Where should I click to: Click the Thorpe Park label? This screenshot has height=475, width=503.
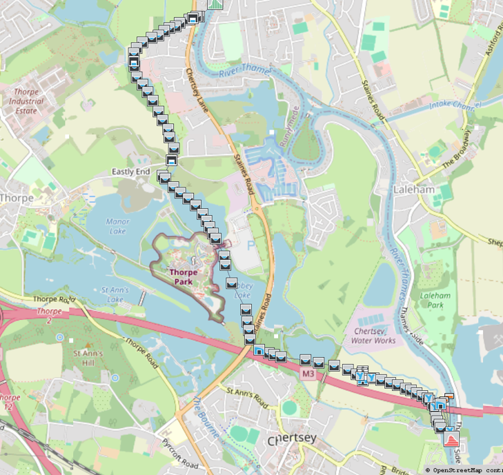tap(184, 276)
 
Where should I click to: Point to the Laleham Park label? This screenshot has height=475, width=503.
tap(435, 300)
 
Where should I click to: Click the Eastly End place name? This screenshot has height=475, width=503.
tap(131, 172)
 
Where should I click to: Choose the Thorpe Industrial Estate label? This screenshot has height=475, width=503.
tap(26, 101)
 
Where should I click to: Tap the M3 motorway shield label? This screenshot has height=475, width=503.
tap(308, 373)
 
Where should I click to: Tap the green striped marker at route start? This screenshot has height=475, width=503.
tap(215, 3)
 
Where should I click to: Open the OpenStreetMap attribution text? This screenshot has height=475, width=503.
tap(464, 470)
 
